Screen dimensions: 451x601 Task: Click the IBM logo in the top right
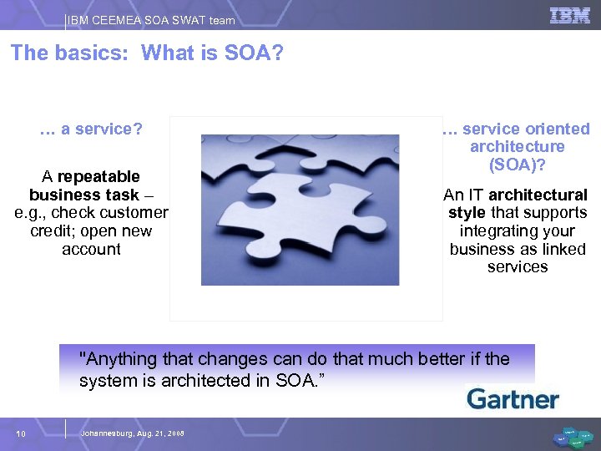(x=569, y=15)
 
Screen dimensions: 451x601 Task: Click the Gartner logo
(x=513, y=398)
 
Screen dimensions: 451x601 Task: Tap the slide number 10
(x=22, y=433)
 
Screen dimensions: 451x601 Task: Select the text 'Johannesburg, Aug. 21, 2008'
(x=132, y=433)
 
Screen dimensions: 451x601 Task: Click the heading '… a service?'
(x=91, y=129)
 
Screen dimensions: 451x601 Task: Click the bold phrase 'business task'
(x=83, y=195)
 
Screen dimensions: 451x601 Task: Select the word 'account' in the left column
(x=91, y=249)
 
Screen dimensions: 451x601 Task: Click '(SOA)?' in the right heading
(x=517, y=165)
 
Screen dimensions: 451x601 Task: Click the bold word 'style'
(x=467, y=213)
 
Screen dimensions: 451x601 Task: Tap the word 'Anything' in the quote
(x=118, y=360)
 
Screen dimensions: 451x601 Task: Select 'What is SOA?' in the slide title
(x=213, y=53)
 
